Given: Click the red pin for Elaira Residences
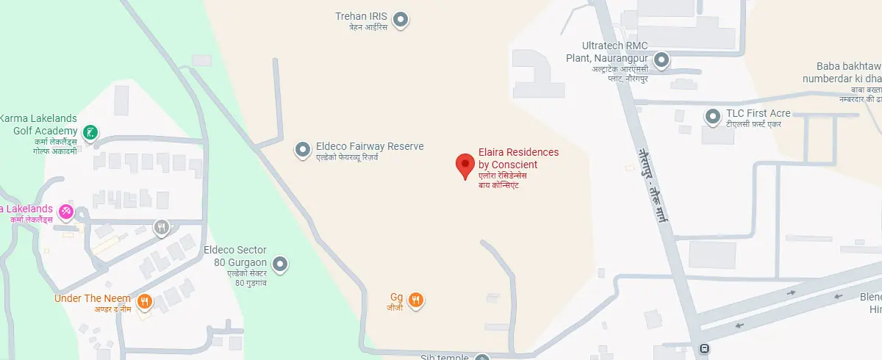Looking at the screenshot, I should (x=465, y=165).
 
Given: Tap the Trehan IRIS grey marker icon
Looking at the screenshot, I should (x=401, y=20).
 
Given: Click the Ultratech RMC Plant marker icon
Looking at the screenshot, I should (x=661, y=60).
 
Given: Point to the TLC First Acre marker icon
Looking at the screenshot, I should (x=712, y=116).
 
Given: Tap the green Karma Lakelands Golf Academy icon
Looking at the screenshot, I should (x=90, y=133).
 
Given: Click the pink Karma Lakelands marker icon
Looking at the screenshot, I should (x=66, y=212).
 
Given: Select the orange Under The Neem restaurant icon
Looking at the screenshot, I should (x=145, y=300).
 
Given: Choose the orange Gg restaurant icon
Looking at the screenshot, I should (x=416, y=300).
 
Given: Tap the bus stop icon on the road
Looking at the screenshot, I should (x=705, y=350).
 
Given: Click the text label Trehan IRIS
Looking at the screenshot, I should (x=361, y=15).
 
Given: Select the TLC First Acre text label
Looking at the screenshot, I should (x=758, y=113).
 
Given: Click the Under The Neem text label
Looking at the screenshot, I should (x=93, y=298).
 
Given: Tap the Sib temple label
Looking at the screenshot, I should (x=444, y=357).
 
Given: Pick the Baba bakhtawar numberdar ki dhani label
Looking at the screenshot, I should (x=845, y=72).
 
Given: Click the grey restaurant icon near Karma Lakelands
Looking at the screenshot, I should (x=162, y=228).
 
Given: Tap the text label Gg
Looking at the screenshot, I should (x=396, y=297).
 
